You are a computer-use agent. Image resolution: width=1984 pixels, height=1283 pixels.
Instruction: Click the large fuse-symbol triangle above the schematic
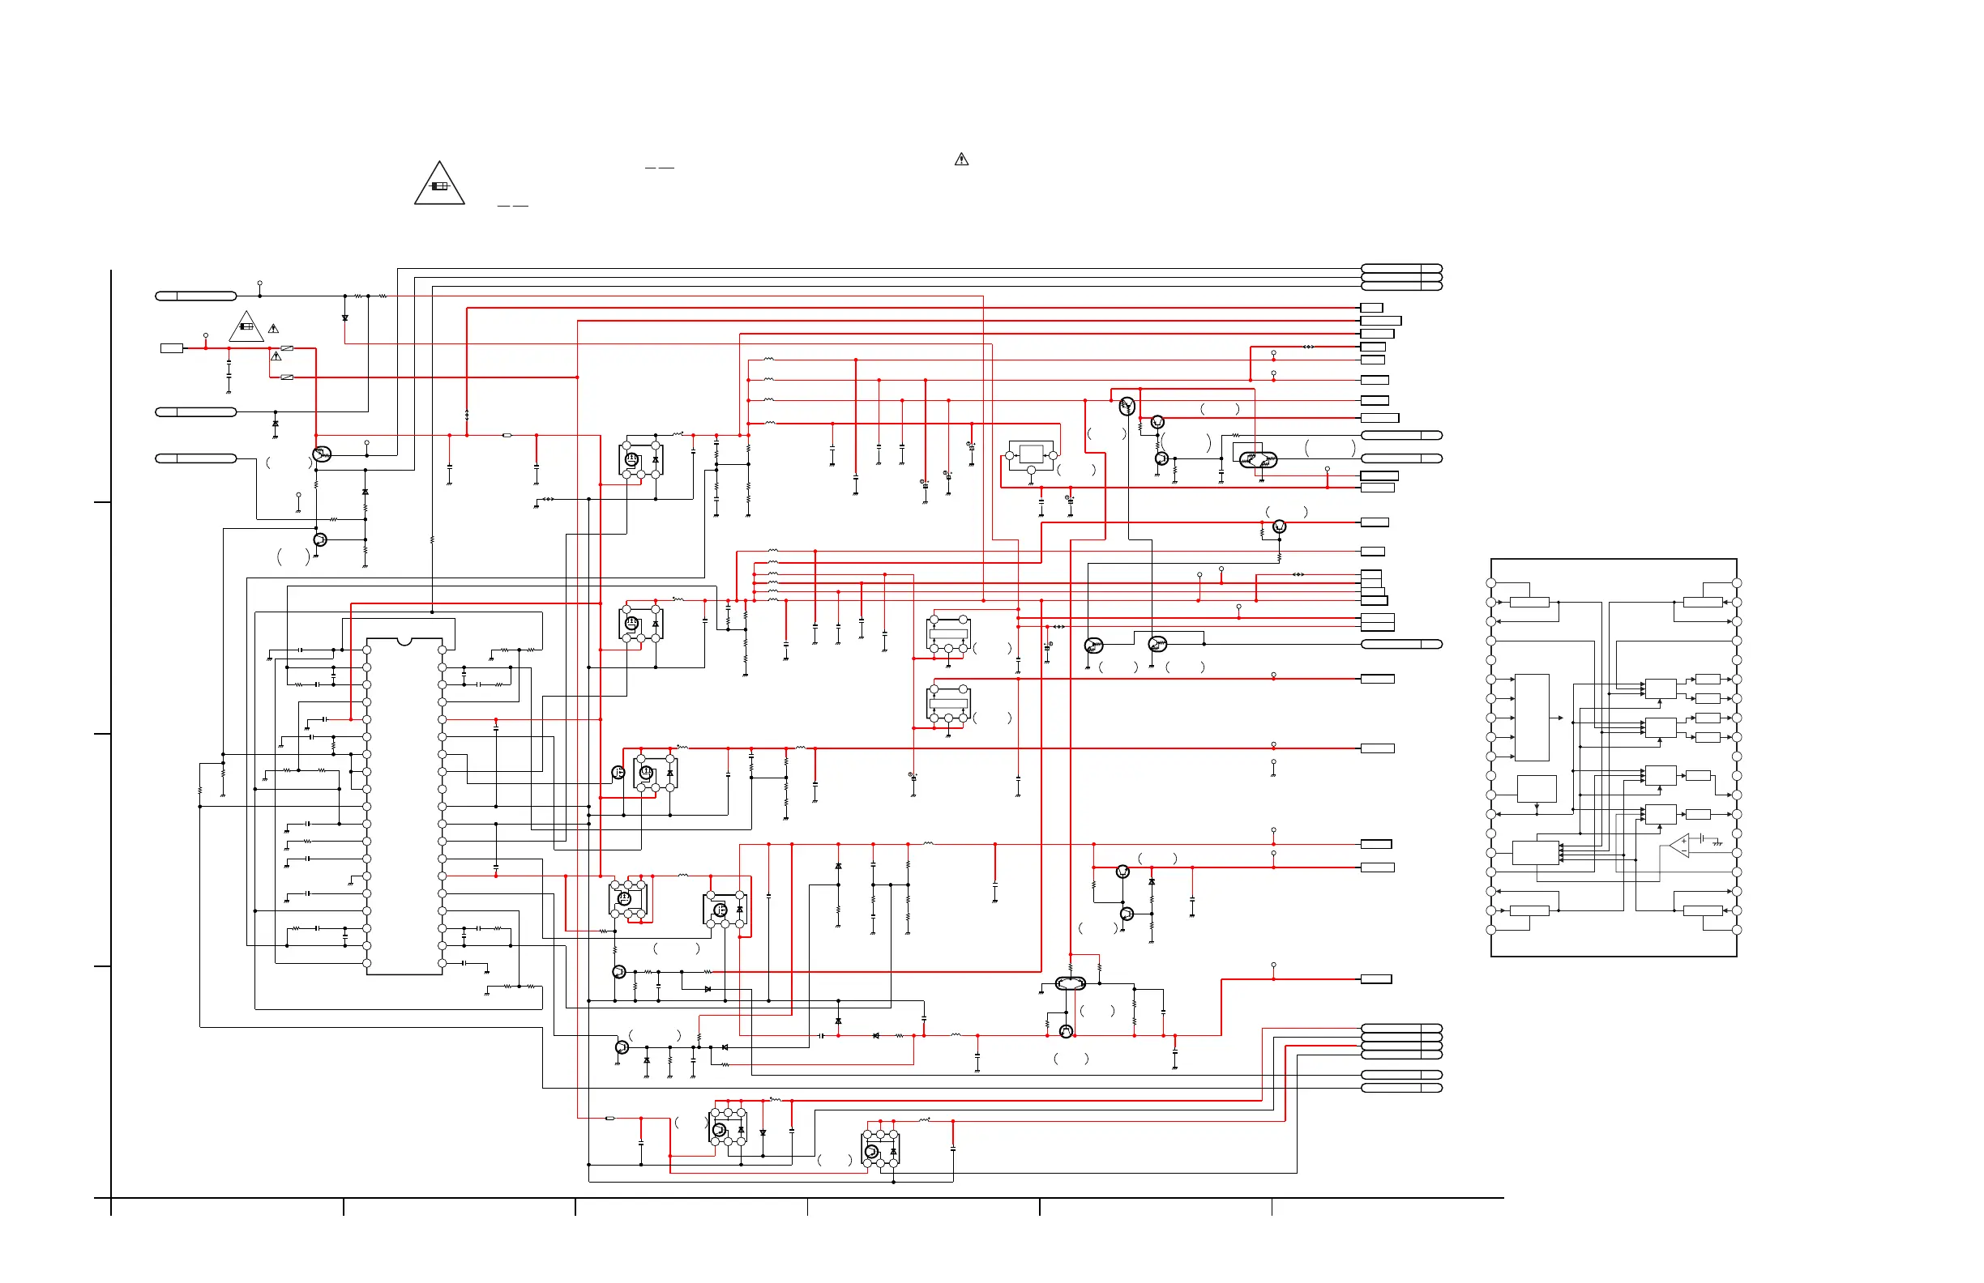[x=439, y=185]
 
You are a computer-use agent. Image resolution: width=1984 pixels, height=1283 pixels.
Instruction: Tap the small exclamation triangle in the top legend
[x=961, y=159]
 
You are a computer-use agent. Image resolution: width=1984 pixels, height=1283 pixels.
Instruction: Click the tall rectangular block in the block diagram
[x=1531, y=718]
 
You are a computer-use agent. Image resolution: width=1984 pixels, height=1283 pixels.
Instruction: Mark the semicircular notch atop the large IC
[x=404, y=641]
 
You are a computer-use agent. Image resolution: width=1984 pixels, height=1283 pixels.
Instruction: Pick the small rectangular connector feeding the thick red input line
[x=172, y=348]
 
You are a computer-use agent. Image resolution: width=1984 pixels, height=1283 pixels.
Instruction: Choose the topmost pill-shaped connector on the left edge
[x=196, y=296]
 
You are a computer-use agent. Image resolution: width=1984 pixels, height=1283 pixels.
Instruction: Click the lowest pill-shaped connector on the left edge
[x=196, y=458]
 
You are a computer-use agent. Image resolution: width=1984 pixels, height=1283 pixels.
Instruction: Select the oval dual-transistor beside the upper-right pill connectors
[x=1258, y=459]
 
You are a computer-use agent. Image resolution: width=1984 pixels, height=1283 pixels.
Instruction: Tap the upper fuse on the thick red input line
[x=287, y=348]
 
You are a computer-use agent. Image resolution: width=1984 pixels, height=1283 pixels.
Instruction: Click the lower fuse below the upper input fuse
[x=287, y=377]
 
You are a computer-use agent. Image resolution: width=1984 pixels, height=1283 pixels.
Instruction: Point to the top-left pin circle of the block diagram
[x=1491, y=583]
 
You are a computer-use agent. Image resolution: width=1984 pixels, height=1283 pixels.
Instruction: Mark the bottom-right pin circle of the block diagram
[x=1737, y=930]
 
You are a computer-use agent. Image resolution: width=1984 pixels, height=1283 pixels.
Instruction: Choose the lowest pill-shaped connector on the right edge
[x=1401, y=1088]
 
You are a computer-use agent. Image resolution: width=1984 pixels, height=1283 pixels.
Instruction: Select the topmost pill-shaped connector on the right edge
[x=1401, y=268]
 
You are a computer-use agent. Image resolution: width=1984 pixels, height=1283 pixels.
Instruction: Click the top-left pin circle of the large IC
[x=367, y=650]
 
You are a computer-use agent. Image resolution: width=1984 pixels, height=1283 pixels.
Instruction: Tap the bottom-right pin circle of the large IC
[x=442, y=963]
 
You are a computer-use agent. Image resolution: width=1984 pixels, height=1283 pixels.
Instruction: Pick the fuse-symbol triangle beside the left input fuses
[x=246, y=327]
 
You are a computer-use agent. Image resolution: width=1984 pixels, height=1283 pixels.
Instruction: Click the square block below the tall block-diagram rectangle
[x=1537, y=789]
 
